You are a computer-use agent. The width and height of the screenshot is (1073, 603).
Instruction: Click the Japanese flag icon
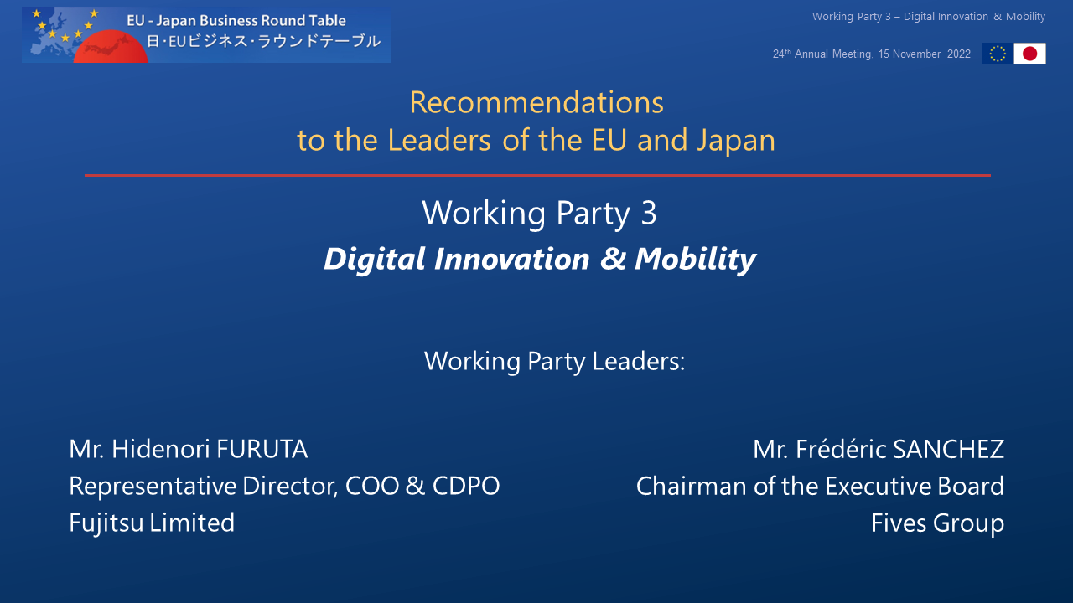pyautogui.click(x=1030, y=54)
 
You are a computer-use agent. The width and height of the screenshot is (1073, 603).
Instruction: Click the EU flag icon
pyautogui.click(x=998, y=54)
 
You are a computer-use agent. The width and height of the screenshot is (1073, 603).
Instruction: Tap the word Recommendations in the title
pyautogui.click(x=536, y=102)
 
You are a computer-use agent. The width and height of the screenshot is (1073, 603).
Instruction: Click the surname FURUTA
pyautogui.click(x=262, y=449)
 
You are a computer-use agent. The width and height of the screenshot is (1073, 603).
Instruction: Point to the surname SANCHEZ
pyautogui.click(x=948, y=449)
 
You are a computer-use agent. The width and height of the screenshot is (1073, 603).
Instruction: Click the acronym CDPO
pyautogui.click(x=466, y=486)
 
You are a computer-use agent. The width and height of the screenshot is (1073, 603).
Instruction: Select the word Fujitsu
pyautogui.click(x=106, y=523)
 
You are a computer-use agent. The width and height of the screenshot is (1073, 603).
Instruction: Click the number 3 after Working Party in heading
pyautogui.click(x=649, y=213)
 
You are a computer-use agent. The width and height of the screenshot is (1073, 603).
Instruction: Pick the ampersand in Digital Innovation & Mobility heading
pyautogui.click(x=613, y=259)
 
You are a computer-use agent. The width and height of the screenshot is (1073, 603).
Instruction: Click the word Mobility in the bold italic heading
pyautogui.click(x=696, y=260)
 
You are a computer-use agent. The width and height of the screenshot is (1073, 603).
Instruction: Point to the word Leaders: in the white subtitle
pyautogui.click(x=639, y=361)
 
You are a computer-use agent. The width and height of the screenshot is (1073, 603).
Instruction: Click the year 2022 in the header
pyautogui.click(x=958, y=54)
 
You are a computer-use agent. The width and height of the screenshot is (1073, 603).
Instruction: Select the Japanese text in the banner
pyautogui.click(x=263, y=41)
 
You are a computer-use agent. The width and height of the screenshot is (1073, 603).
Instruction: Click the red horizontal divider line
pyautogui.click(x=537, y=176)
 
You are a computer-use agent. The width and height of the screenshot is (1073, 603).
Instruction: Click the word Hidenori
pyautogui.click(x=161, y=449)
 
